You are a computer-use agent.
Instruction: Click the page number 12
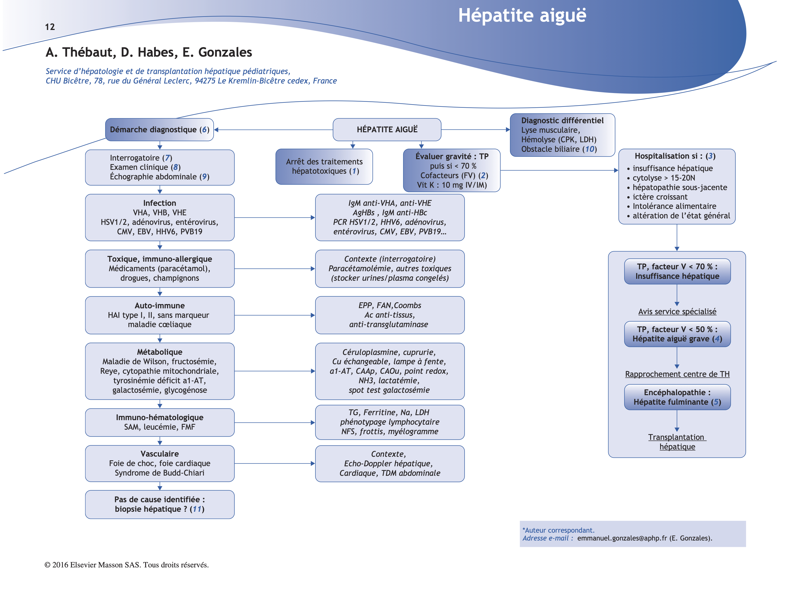50,27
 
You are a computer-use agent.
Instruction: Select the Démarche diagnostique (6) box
159,130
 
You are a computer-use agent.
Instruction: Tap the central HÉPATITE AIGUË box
387,130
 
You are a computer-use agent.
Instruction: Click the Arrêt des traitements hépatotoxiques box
324,167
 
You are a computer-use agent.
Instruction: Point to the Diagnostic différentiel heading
562,121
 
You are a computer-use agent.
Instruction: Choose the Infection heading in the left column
159,203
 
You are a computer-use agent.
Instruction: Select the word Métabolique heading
159,352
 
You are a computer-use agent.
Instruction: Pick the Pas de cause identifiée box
159,504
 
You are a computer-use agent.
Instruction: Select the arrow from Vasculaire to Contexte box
274,464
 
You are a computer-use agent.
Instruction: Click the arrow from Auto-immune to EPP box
274,315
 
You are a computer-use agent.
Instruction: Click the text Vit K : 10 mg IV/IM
452,185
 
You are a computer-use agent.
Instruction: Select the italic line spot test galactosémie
389,390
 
